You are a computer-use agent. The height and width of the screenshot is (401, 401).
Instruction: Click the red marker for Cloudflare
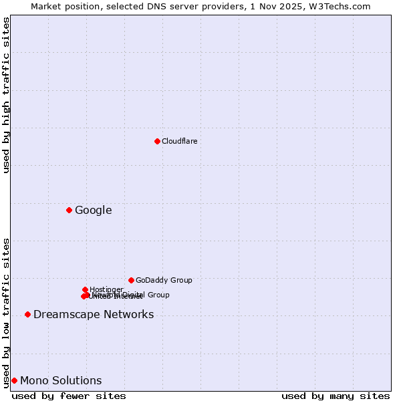[x=157, y=141]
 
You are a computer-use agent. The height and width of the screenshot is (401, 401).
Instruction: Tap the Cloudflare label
[x=179, y=141]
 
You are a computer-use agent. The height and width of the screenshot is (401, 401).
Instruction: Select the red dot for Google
[x=69, y=210]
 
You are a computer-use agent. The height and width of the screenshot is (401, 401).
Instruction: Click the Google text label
[x=93, y=211]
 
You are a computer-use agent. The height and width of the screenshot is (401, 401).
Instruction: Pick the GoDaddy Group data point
[x=131, y=280]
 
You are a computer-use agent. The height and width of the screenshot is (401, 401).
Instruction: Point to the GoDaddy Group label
[x=164, y=281]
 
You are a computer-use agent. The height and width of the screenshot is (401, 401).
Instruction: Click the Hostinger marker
[x=85, y=289]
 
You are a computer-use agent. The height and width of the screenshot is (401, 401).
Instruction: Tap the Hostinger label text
[x=106, y=289]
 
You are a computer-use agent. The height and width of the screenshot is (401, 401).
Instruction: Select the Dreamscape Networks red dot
[x=27, y=314]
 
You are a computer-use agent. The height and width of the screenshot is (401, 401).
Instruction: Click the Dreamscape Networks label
[x=94, y=315]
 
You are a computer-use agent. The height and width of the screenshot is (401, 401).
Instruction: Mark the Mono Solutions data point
[x=14, y=380]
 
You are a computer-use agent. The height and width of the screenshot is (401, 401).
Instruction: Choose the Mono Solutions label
[x=61, y=381]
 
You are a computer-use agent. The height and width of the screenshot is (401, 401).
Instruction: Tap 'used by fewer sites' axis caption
[x=69, y=396]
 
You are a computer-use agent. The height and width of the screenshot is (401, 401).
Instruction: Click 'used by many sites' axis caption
[x=336, y=396]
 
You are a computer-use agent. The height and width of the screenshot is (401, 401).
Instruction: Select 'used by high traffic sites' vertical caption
[x=6, y=95]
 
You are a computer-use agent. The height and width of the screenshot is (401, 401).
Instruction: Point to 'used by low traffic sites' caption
[x=6, y=312]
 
